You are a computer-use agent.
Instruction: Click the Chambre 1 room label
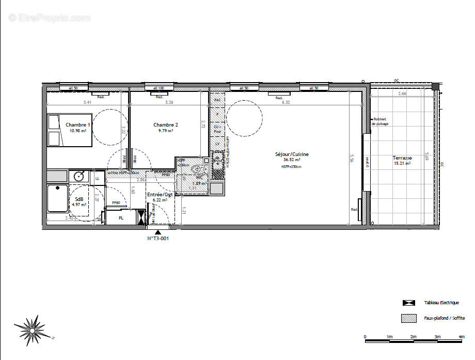[78, 125]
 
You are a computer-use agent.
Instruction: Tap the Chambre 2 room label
[166, 125]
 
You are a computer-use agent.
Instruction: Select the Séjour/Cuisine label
[292, 154]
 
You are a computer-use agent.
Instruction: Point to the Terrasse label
[402, 158]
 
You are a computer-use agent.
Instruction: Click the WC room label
[199, 177]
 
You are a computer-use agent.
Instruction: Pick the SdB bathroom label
[80, 199]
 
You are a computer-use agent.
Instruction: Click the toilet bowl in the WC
[197, 169]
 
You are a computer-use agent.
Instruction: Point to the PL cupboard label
[121, 218]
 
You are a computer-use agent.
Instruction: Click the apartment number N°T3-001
[158, 239]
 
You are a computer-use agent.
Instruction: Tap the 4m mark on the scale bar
[461, 338]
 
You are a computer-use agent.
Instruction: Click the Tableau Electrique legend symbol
[409, 303]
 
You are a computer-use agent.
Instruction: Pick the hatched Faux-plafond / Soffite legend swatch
[409, 318]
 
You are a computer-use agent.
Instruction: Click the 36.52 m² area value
[292, 160]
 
